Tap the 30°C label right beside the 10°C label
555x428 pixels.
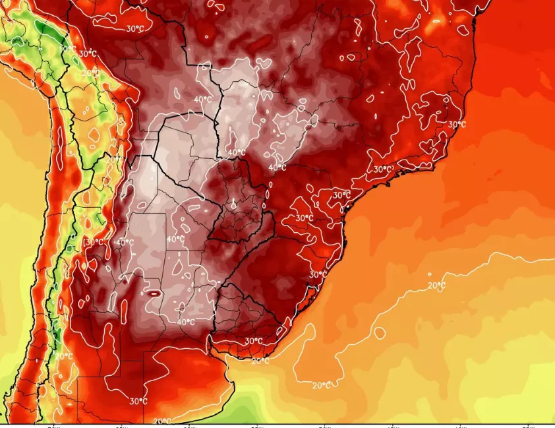[87, 53]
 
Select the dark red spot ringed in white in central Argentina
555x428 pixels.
[153, 292]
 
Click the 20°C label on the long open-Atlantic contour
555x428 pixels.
[436, 285]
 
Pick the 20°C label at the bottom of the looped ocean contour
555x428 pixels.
[321, 385]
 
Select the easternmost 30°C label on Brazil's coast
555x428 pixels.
[457, 124]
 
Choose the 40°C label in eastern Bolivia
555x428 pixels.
[203, 100]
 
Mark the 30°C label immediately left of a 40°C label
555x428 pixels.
[94, 242]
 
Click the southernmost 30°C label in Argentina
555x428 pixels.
[138, 401]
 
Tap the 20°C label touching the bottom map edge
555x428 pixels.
[162, 421]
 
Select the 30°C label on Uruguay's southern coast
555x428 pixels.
[254, 341]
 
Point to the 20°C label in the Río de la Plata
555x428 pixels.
[260, 361]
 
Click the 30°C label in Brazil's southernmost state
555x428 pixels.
[318, 274]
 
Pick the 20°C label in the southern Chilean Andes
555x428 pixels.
[64, 356]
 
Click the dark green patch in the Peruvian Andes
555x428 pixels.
[46, 30]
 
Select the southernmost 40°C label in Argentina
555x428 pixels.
[186, 322]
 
